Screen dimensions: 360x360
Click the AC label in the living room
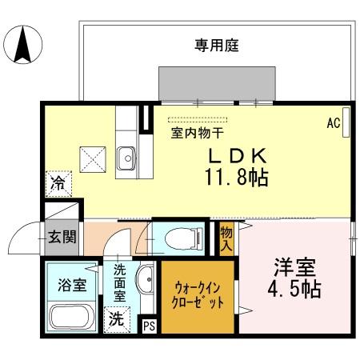(334, 123)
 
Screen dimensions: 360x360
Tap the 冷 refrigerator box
(58, 181)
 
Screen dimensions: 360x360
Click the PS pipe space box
(149, 325)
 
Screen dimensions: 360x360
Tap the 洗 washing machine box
(117, 318)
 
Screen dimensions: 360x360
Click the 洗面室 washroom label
(119, 282)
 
